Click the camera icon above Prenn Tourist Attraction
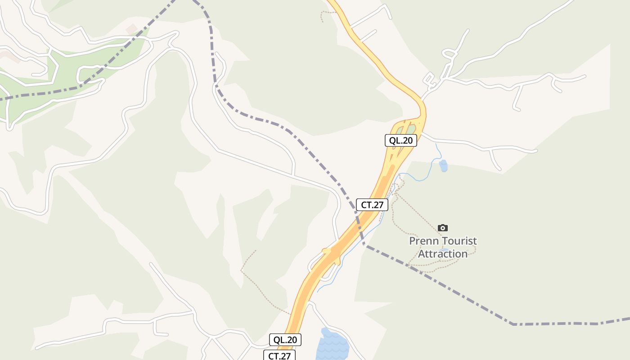[x=443, y=228]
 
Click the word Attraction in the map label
[x=443, y=254]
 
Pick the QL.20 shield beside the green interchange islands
[x=401, y=140]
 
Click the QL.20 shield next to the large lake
[x=285, y=340]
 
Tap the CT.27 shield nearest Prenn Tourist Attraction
[x=372, y=205]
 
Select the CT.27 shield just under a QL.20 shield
[x=279, y=356]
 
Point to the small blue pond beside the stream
[x=443, y=166]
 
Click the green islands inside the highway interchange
[x=405, y=131]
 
